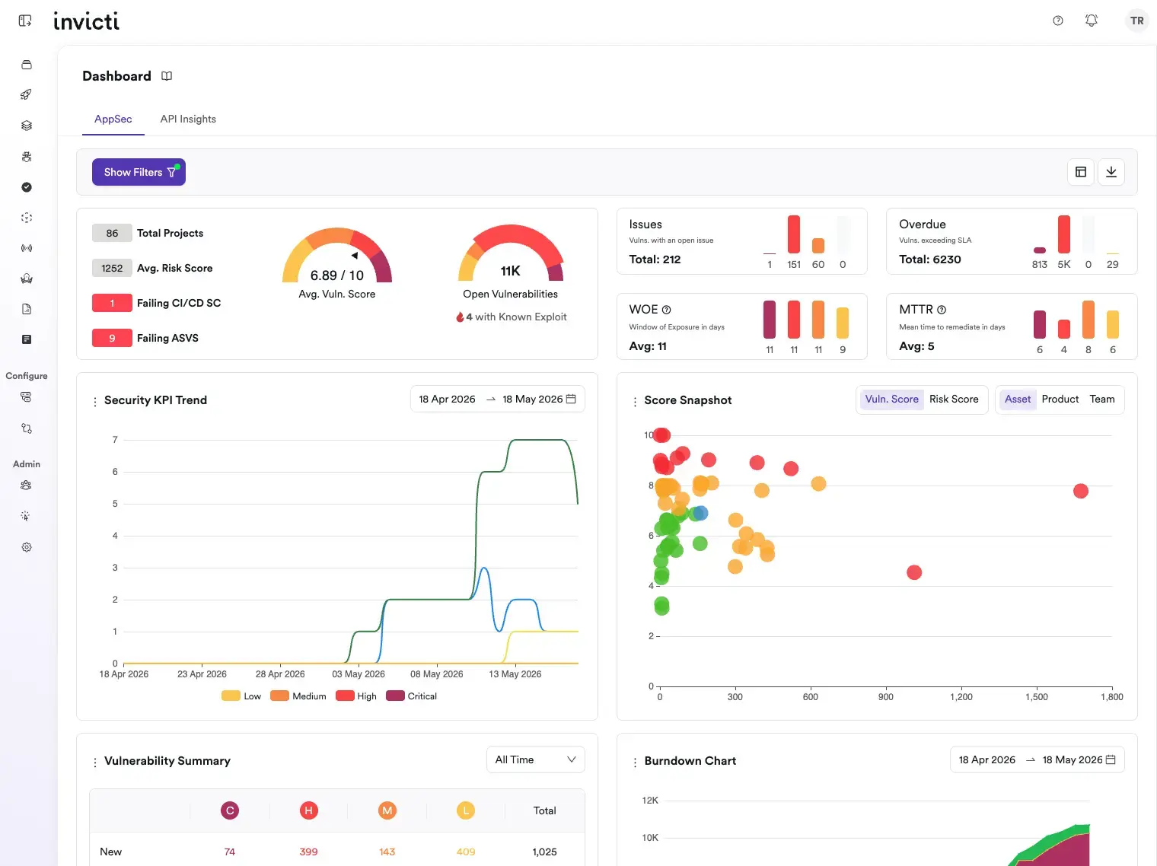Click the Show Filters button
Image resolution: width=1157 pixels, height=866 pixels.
tap(139, 172)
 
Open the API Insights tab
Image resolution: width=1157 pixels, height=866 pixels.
tap(188, 119)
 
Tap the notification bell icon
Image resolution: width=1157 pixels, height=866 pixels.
tap(1091, 21)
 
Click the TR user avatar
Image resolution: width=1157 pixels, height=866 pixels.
tap(1136, 21)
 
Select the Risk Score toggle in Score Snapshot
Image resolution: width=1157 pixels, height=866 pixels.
tap(954, 400)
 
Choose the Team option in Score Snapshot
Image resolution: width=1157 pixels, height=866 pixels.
tap(1101, 400)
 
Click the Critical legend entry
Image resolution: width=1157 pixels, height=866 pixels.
tap(411, 696)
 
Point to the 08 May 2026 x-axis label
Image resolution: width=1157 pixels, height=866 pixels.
tap(436, 673)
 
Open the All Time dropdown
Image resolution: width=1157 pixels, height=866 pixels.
tap(535, 759)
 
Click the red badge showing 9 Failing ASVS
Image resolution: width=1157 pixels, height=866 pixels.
tap(112, 338)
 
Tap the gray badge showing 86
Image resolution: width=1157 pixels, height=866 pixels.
tap(112, 234)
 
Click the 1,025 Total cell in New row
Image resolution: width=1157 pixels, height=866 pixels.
tap(544, 852)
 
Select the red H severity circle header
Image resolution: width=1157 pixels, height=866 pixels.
tap(308, 810)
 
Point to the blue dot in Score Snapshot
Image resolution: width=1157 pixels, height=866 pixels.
tap(700, 513)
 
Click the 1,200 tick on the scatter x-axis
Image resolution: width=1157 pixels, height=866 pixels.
tap(961, 697)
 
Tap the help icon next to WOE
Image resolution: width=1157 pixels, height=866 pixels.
tap(666, 310)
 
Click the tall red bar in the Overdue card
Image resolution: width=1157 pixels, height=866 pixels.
tap(1063, 234)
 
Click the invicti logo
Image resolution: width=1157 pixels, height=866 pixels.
tap(87, 21)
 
